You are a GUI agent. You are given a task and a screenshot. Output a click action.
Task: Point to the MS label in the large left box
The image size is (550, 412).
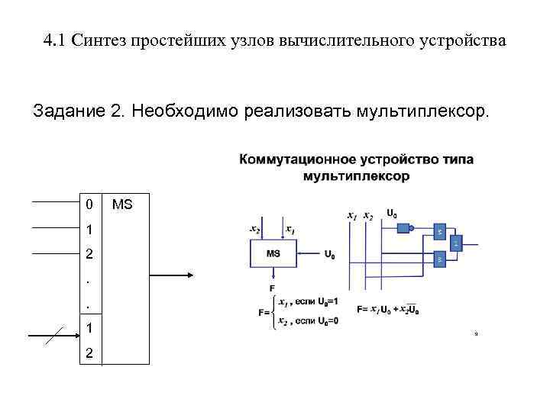[x=122, y=204]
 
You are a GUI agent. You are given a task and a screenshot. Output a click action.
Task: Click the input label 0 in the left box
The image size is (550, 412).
[x=89, y=204]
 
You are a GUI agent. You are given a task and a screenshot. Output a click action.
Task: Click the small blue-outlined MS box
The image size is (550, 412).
[x=273, y=254]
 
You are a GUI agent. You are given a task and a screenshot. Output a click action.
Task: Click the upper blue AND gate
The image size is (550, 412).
[x=439, y=230]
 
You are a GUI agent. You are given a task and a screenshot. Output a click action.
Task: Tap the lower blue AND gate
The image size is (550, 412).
[x=439, y=259]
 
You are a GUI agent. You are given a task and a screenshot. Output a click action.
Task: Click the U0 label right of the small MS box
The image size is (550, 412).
[x=329, y=255]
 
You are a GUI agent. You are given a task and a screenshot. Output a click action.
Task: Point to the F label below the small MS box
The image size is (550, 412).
[x=272, y=287]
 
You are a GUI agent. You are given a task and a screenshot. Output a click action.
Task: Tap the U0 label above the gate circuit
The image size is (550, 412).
[x=391, y=214]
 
